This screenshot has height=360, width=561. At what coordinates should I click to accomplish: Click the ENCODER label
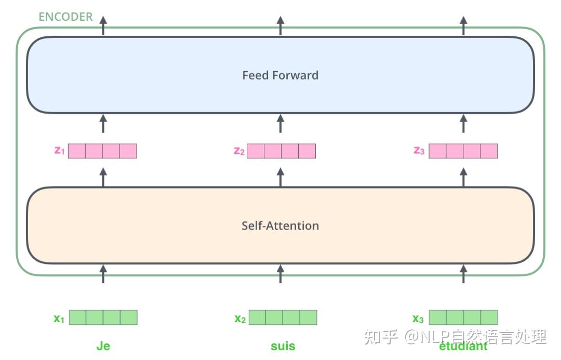[65, 17]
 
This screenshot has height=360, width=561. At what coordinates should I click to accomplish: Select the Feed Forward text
[280, 75]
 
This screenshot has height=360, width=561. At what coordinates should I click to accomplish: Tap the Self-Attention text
[280, 225]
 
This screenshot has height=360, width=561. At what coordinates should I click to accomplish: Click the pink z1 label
[59, 151]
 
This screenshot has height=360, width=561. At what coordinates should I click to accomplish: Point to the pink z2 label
[239, 151]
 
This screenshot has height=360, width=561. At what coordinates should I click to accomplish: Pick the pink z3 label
[419, 151]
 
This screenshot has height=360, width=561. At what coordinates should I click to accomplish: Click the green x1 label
[59, 318]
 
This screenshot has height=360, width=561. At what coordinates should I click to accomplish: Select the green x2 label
[240, 318]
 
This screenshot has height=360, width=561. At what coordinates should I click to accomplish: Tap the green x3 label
[418, 318]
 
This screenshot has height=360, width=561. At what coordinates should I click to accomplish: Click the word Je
[103, 346]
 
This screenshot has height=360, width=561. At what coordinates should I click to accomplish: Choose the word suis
[283, 346]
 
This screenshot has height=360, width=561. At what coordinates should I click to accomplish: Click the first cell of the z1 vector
[77, 151]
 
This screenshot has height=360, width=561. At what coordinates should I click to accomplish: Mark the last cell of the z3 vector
[489, 151]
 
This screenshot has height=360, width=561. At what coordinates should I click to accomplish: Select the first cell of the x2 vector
[258, 317]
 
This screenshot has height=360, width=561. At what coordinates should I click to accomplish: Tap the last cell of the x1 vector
[129, 317]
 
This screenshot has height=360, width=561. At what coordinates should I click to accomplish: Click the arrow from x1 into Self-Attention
[103, 274]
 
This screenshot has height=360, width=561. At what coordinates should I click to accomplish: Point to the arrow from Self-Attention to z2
[280, 178]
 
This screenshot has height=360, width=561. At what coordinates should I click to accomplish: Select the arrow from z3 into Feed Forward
[463, 124]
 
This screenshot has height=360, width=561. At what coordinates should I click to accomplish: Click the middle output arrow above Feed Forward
[280, 26]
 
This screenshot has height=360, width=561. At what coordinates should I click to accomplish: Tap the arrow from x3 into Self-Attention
[463, 274]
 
